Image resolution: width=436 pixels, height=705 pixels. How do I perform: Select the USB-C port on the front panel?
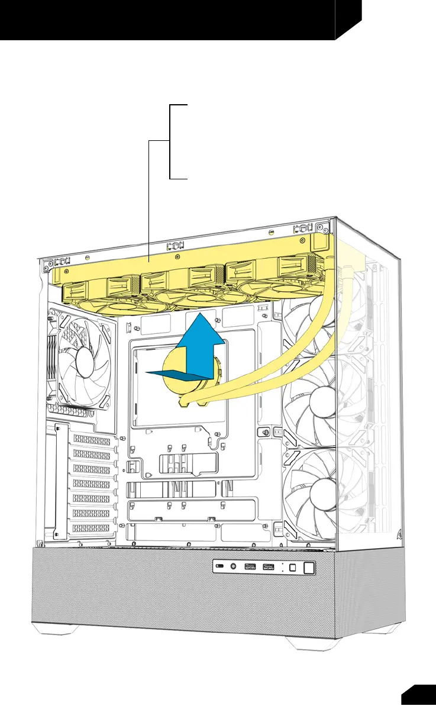(220, 567)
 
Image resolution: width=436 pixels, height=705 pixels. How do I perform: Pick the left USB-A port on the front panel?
(248, 568)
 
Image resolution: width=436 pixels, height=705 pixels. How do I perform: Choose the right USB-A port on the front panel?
(267, 568)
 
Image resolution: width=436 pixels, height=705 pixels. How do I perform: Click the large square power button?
(308, 566)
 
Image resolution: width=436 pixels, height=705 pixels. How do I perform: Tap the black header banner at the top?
(172, 19)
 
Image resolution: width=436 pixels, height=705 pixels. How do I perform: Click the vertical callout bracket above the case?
(170, 141)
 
